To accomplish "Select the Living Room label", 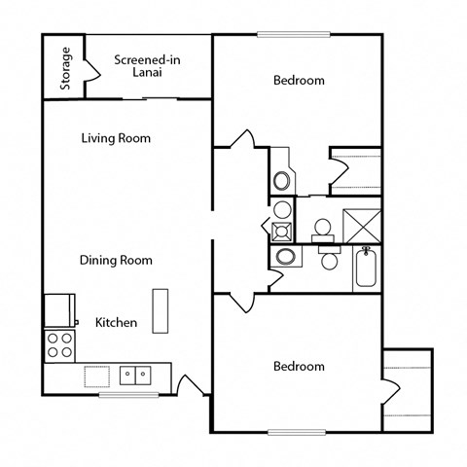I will tap(116, 138).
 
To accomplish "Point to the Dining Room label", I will tap(116, 260).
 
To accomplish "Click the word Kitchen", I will tap(116, 322).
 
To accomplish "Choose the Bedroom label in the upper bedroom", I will tap(299, 81).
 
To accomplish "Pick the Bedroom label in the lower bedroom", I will tap(299, 366).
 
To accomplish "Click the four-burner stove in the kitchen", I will tap(58, 344).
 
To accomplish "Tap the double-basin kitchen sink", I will tap(134, 375).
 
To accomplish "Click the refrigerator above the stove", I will tap(59, 310).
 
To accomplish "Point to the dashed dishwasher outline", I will tap(97, 376).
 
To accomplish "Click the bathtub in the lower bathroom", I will tap(366, 269).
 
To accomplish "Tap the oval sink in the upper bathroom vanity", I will tap(282, 180).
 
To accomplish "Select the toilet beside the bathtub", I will tap(330, 259).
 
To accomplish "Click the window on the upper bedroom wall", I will tap(293, 35).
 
